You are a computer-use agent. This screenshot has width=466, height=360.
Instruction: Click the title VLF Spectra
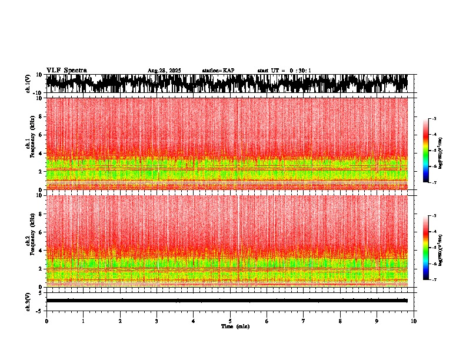coord(66,70)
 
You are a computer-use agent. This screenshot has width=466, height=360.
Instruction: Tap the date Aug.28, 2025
coord(164,71)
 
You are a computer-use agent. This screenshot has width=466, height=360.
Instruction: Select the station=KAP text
coord(218,71)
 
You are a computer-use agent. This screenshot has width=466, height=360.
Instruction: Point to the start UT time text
coord(284,71)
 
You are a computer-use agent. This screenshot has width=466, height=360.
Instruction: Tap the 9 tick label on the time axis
coord(377,321)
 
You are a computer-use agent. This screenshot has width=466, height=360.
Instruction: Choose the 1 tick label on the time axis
coord(83,321)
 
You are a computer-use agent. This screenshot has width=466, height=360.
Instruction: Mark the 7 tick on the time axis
coord(304,321)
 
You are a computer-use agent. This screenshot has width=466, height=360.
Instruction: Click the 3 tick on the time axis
coord(157,321)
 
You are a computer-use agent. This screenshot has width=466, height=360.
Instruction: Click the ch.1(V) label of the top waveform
coord(28,84)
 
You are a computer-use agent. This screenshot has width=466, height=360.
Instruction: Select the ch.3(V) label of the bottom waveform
coord(28,301)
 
